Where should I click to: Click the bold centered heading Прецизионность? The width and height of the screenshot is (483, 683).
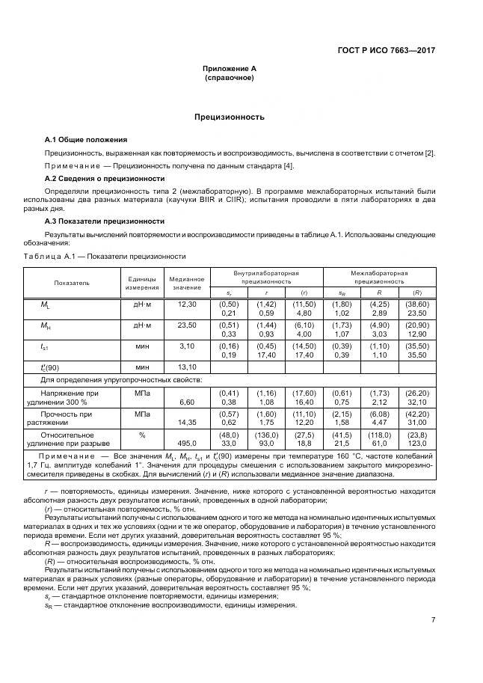[x=230, y=117]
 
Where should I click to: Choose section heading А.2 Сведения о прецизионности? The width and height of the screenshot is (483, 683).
[x=105, y=178]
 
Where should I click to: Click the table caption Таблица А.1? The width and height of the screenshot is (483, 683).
[x=105, y=257]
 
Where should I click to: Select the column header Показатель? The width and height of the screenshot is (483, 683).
[x=72, y=283]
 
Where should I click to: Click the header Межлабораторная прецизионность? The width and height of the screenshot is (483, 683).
[x=381, y=278]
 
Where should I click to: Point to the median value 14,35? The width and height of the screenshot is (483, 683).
[x=186, y=422]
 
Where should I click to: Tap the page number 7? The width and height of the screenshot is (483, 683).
[x=434, y=619]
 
